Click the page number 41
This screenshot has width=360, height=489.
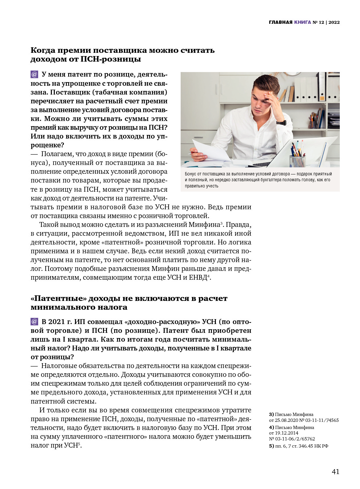(336, 472)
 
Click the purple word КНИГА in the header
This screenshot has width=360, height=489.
(302, 22)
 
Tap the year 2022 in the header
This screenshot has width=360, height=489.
(334, 22)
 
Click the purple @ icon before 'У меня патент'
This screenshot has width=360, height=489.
(34, 74)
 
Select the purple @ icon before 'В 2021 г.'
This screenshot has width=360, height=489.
(34, 322)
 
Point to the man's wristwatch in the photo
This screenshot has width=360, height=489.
(281, 123)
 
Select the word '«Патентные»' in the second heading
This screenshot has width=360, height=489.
(58, 299)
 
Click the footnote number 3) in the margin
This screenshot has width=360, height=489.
(271, 414)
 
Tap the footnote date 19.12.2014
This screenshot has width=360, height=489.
(287, 433)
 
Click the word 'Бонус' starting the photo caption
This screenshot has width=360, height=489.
(190, 174)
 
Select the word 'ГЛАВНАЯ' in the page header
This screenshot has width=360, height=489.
(280, 22)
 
